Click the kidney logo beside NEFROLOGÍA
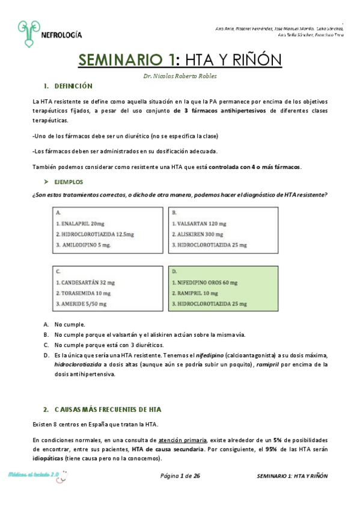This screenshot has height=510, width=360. tap(27, 34)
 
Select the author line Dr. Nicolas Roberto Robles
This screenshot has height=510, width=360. tap(180, 76)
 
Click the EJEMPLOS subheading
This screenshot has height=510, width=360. tap(69, 181)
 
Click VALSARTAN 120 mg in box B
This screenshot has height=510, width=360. tap(201, 223)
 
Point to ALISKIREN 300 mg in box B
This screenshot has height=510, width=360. tap(201, 234)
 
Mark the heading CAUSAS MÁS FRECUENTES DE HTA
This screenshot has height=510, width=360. tap(108, 410)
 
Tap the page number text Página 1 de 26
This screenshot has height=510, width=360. tap(180, 476)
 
